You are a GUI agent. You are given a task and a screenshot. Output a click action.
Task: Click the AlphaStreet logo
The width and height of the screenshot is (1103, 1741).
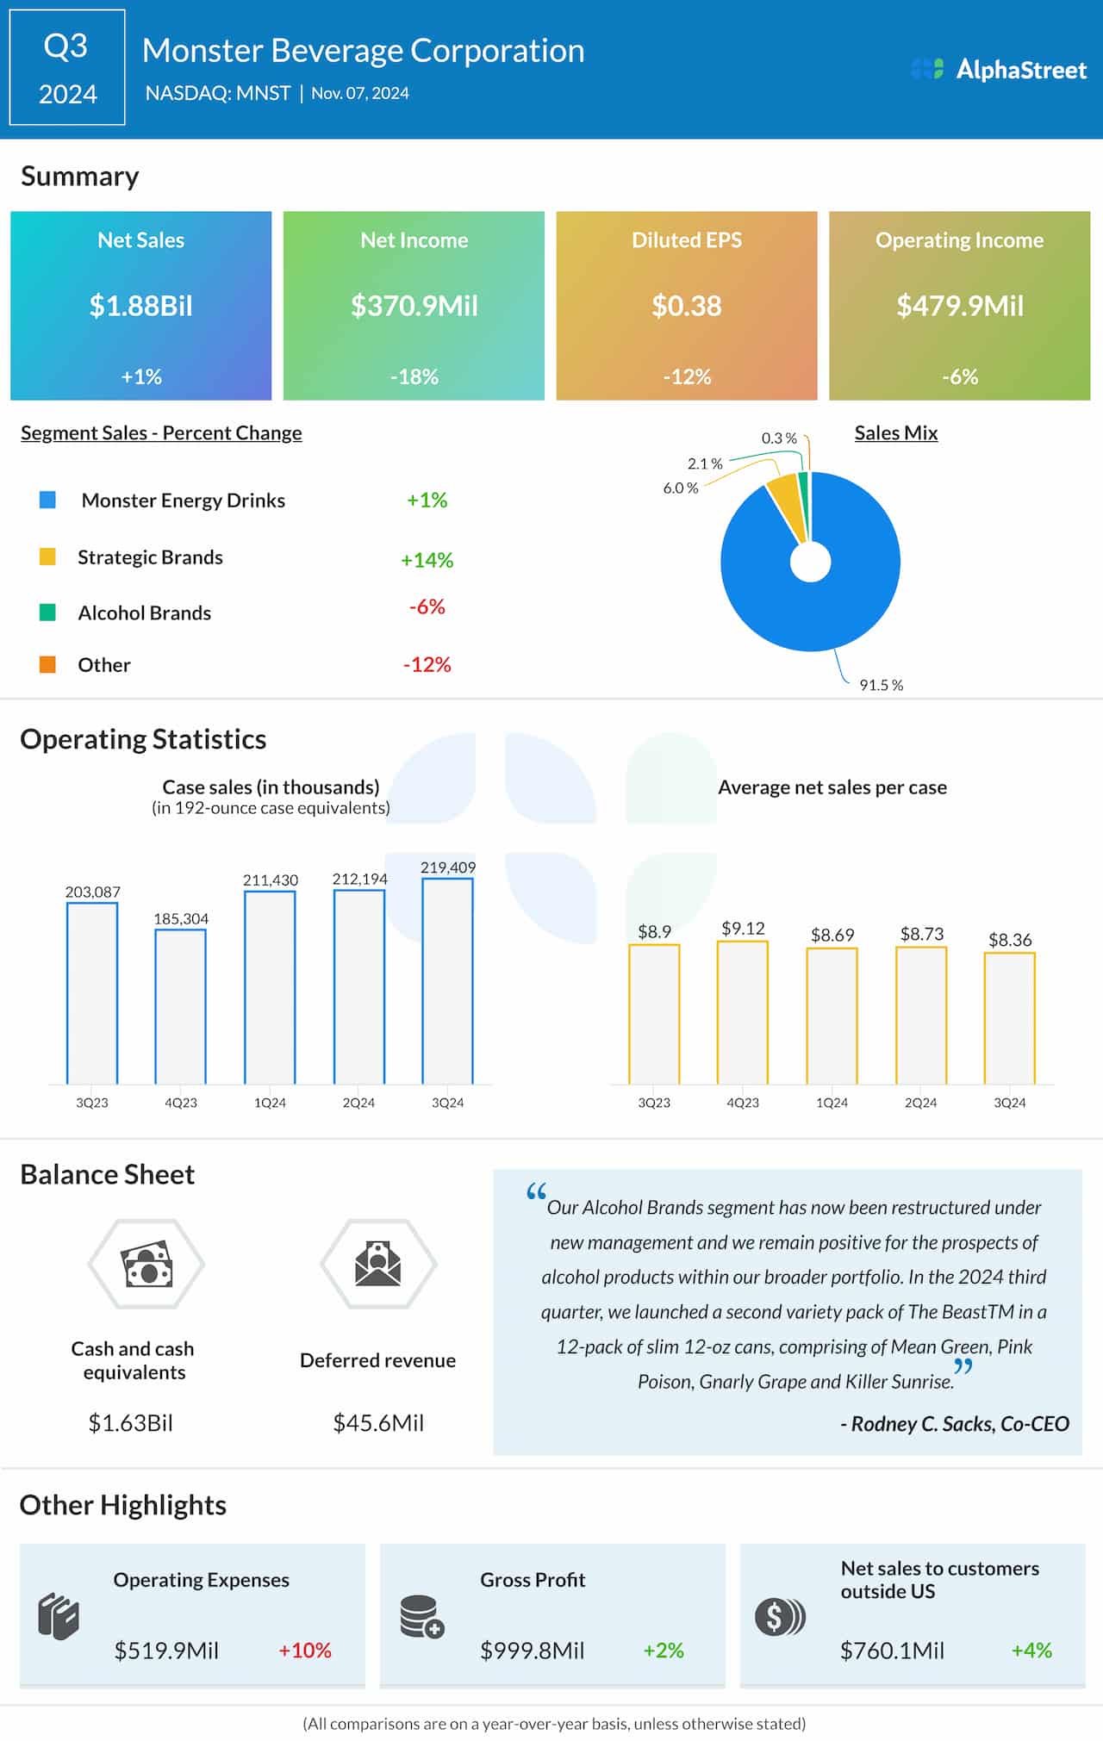(x=999, y=70)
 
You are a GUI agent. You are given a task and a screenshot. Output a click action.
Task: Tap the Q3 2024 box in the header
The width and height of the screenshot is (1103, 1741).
(x=67, y=68)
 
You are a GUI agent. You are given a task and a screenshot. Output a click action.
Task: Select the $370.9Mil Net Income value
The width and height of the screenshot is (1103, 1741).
(x=414, y=306)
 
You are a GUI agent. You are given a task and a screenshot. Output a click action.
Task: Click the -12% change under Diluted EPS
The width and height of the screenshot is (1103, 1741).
(x=687, y=376)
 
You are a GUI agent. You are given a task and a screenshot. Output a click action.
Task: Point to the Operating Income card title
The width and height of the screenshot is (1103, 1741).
(x=959, y=240)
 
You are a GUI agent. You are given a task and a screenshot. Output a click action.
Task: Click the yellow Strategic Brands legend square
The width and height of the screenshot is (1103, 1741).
(x=47, y=556)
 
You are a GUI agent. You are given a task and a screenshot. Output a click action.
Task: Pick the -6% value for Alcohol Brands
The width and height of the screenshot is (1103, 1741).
(x=427, y=607)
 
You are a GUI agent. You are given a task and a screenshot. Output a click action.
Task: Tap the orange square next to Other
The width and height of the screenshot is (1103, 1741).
(x=47, y=664)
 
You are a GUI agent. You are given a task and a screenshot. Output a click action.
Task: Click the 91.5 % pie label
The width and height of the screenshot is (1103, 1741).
(x=881, y=685)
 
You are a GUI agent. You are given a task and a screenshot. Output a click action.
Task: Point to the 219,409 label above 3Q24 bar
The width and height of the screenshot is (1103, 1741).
(x=447, y=867)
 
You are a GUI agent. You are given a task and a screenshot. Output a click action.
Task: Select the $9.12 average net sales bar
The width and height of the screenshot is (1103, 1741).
(x=742, y=1012)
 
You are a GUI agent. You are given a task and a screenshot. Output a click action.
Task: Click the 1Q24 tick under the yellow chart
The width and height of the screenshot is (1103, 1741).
(x=832, y=1103)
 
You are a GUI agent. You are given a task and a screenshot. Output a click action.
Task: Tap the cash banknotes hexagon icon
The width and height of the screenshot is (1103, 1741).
(x=146, y=1264)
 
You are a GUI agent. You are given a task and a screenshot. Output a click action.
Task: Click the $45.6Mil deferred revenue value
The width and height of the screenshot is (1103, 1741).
(x=378, y=1422)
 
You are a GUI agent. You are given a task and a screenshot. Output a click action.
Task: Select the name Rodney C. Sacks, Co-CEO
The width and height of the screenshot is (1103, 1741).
(x=955, y=1423)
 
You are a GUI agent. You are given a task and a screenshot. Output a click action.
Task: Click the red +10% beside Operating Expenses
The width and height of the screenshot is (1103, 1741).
(x=305, y=1650)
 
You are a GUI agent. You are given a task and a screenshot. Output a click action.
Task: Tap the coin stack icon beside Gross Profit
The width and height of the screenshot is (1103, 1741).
(x=421, y=1616)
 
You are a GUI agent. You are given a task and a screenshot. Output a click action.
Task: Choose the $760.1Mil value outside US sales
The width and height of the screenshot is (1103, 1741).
(x=892, y=1651)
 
